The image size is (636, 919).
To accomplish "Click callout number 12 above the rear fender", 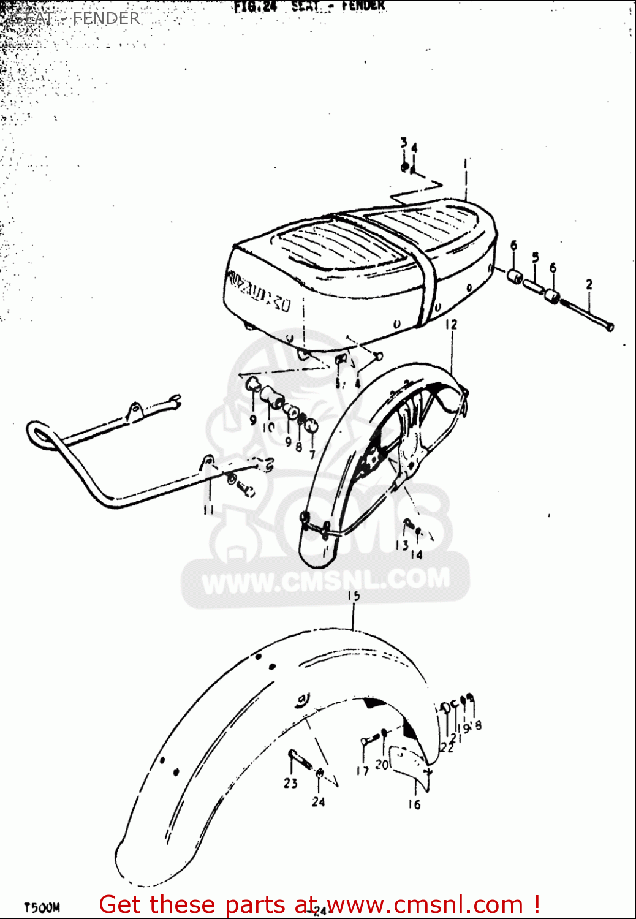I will click(451, 324).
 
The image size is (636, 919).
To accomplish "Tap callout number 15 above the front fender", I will click(354, 596).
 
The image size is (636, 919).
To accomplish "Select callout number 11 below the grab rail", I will click(208, 509).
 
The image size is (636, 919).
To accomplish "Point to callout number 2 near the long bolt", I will click(589, 284).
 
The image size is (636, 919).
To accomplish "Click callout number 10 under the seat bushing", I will click(268, 427).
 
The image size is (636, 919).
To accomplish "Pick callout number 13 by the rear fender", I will click(401, 545).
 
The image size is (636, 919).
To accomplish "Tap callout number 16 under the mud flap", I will click(414, 804).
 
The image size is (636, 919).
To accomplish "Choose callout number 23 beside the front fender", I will click(290, 782).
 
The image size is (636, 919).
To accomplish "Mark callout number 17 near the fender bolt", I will click(363, 770).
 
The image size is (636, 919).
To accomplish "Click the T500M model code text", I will click(42, 907).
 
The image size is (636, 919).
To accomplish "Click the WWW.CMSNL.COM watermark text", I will click(325, 580).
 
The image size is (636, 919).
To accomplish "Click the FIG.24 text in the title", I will click(255, 7).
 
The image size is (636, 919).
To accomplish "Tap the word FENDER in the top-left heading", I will click(106, 18).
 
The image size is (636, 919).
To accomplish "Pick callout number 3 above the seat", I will click(403, 143).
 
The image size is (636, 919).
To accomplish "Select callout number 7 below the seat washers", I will click(312, 455).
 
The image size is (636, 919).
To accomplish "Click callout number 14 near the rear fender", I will click(417, 554).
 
